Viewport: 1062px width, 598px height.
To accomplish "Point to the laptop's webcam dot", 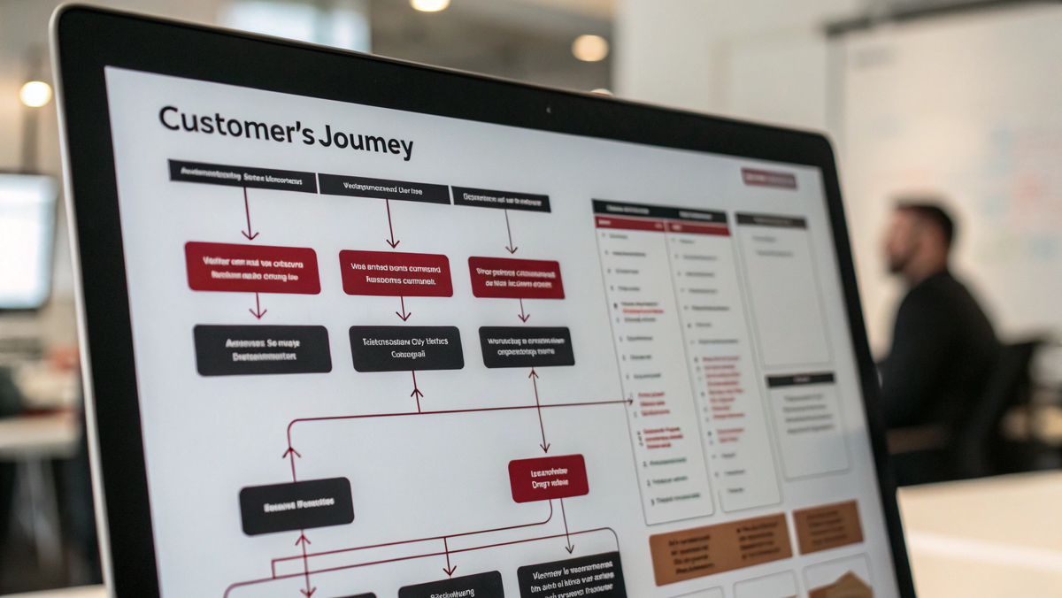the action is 549,111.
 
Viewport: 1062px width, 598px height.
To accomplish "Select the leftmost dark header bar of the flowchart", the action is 242,174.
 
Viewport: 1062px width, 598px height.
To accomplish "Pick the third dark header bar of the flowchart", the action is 500,199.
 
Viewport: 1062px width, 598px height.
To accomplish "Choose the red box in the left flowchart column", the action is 252,267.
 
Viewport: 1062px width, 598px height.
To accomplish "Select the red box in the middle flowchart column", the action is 396,272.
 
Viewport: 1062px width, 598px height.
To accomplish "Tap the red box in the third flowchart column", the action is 516,278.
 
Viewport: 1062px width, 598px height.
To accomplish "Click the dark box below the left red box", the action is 262,349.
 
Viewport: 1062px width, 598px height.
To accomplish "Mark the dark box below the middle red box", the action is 406,348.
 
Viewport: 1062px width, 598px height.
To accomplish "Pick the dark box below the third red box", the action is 527,347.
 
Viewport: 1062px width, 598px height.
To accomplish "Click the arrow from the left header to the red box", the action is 249,215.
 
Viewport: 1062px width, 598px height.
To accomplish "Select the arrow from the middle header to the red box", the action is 390,224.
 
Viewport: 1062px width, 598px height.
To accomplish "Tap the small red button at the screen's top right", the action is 768,178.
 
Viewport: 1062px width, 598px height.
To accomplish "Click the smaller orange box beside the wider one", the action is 827,525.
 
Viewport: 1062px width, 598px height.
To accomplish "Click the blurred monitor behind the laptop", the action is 27,239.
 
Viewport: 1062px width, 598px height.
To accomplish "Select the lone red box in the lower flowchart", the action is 548,478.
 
